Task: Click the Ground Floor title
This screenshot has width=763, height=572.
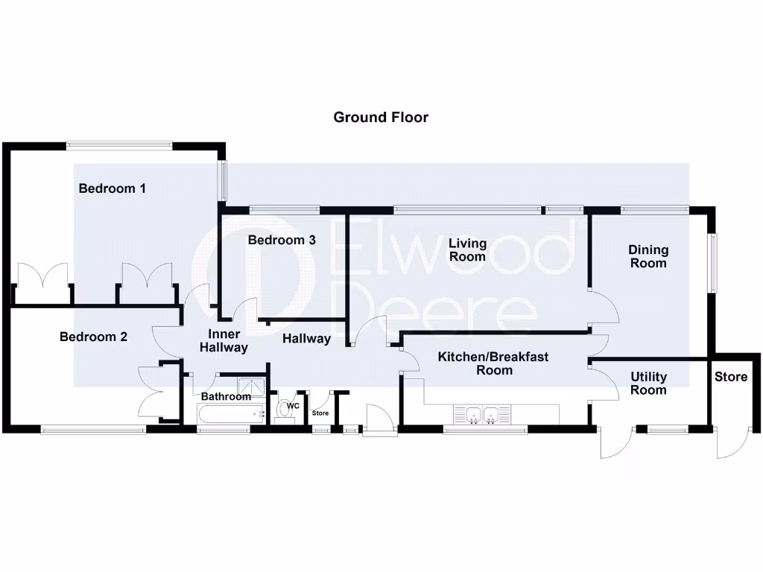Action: [381, 117]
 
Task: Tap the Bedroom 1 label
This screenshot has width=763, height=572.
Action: [112, 188]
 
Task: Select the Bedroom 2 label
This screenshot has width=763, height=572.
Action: [93, 337]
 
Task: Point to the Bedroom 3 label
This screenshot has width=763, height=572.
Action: [282, 240]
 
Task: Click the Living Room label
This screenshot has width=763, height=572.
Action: [467, 250]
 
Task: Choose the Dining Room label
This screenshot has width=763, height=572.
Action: [648, 256]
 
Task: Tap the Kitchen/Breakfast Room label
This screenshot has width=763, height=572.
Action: [493, 363]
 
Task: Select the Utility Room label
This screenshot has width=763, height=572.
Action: [648, 384]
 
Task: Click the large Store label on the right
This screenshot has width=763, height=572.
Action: [730, 377]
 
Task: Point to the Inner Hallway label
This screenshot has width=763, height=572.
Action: [224, 341]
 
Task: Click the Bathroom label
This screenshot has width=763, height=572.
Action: [226, 396]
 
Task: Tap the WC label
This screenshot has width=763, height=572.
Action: [294, 406]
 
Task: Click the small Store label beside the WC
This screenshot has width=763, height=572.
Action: [320, 413]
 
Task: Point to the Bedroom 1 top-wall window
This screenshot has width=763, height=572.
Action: [118, 145]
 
